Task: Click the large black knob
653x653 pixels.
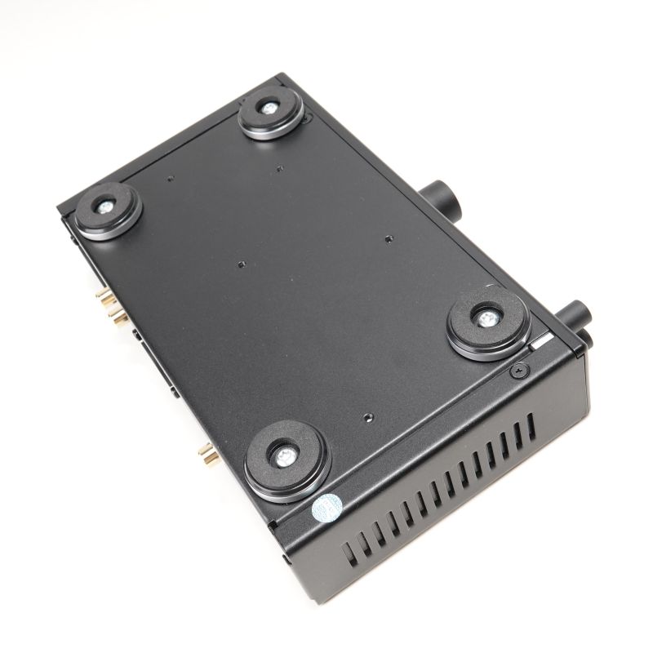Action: [x=440, y=197]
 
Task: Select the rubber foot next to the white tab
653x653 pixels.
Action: [x=488, y=322]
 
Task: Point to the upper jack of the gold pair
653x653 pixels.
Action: [x=101, y=295]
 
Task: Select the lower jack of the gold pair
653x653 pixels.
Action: [x=113, y=314]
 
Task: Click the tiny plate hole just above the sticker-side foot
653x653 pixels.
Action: [x=369, y=416]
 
